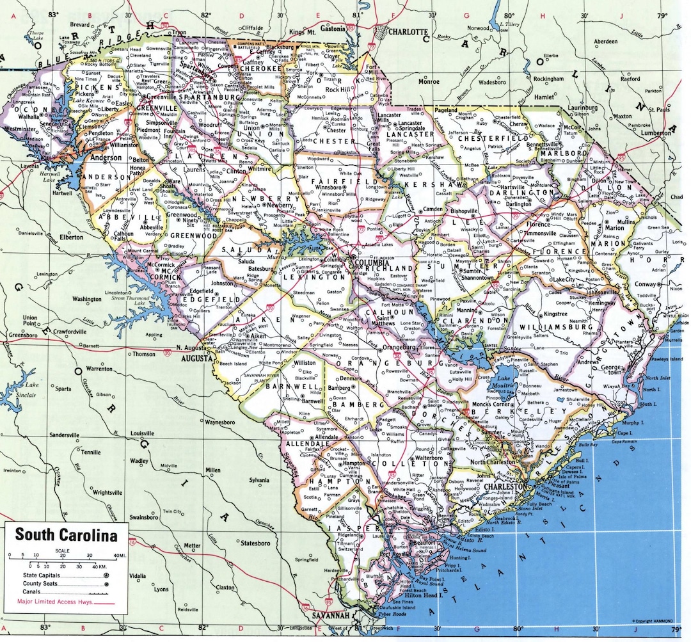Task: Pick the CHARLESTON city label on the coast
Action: click(507, 487)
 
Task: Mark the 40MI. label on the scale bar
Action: click(119, 554)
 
